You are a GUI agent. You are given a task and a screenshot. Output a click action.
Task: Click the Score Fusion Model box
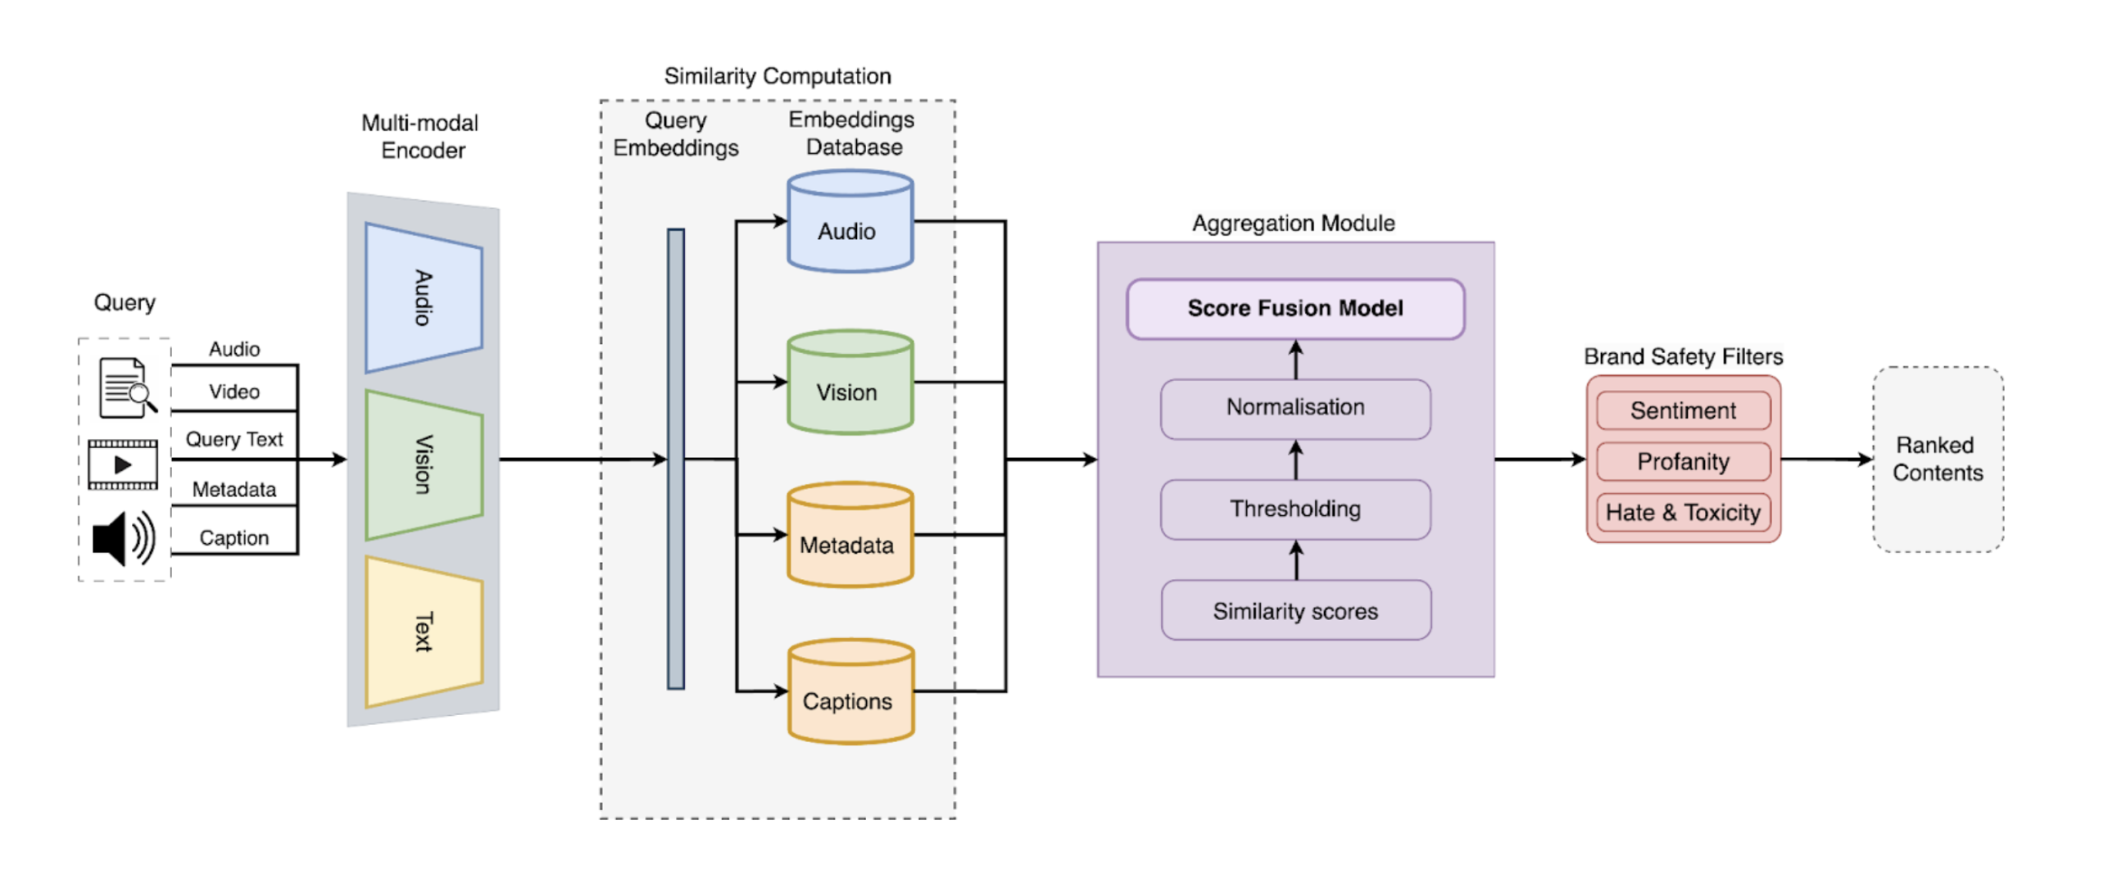pyautogui.click(x=1295, y=309)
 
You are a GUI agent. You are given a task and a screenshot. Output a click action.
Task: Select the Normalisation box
pyautogui.click(x=1295, y=409)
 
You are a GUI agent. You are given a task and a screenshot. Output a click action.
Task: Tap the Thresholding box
pyautogui.click(x=1295, y=509)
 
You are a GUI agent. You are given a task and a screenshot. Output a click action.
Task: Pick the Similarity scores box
pyautogui.click(x=1295, y=611)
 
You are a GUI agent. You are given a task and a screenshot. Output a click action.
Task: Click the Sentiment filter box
pyautogui.click(x=1683, y=410)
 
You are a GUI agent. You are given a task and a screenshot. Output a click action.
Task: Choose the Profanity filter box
pyautogui.click(x=1683, y=461)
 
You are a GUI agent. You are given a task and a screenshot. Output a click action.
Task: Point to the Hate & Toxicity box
pyautogui.click(x=1683, y=512)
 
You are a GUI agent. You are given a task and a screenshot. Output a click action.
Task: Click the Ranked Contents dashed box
pyautogui.click(x=1938, y=460)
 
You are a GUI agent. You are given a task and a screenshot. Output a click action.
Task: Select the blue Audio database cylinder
pyautogui.click(x=850, y=223)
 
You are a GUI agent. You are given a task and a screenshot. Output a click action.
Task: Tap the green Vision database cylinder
pyautogui.click(x=850, y=383)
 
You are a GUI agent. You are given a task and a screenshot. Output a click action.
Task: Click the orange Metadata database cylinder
pyautogui.click(x=850, y=536)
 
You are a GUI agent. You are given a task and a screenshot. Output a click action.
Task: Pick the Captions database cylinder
pyautogui.click(x=850, y=693)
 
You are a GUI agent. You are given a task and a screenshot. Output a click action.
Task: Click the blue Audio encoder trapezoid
pyautogui.click(x=424, y=297)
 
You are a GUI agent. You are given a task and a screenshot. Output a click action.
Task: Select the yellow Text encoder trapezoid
pyautogui.click(x=424, y=632)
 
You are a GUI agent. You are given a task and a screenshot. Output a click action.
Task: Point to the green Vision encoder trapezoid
pyautogui.click(x=424, y=464)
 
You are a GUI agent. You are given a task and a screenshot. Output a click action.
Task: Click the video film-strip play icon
pyautogui.click(x=123, y=464)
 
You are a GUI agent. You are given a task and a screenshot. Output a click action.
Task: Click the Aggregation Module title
pyautogui.click(x=1294, y=224)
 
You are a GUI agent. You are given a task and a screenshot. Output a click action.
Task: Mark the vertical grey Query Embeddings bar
pyautogui.click(x=675, y=459)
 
